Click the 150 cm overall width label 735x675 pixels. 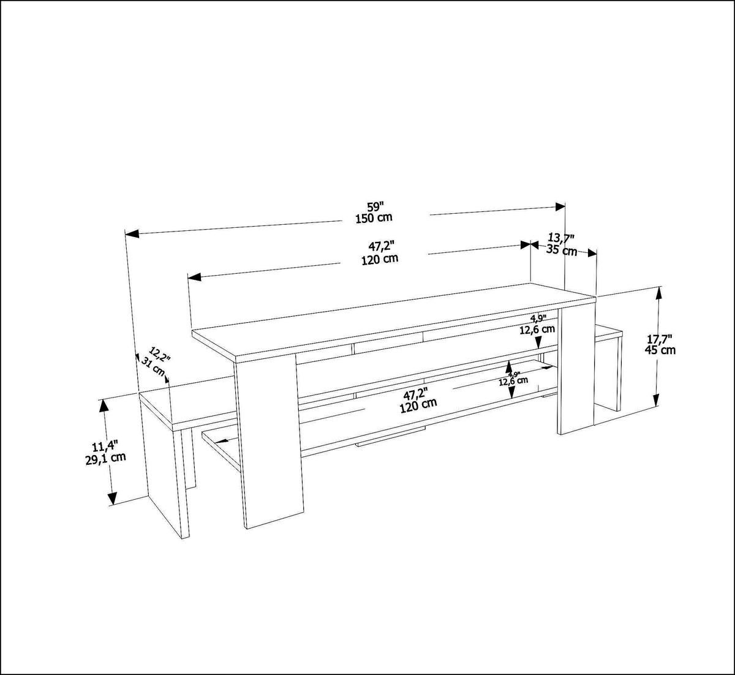click(x=374, y=217)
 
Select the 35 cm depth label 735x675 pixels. click(x=561, y=251)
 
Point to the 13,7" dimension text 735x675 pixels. click(x=560, y=238)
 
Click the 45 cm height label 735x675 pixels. click(x=660, y=350)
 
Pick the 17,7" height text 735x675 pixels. click(x=659, y=338)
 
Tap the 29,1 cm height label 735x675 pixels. click(x=105, y=458)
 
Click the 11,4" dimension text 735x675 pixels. click(x=105, y=447)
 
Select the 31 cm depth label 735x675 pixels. click(x=154, y=366)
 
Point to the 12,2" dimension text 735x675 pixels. click(x=160, y=355)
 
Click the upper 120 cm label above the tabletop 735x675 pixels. click(x=380, y=258)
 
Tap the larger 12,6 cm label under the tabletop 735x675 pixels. click(x=537, y=329)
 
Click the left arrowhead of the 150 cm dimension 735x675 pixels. click(x=132, y=233)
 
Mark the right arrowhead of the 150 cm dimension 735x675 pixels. click(x=560, y=206)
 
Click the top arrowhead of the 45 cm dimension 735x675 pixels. click(x=659, y=293)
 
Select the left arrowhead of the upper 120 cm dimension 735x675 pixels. click(x=195, y=277)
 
